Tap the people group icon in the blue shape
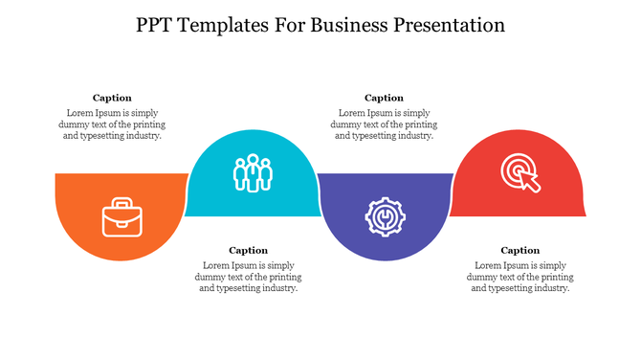pos(253,172)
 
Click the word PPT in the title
pos(155,26)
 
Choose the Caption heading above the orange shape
pos(112,98)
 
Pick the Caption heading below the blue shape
pos(248,251)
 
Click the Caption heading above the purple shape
pos(384,98)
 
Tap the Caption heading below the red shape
pos(519,251)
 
